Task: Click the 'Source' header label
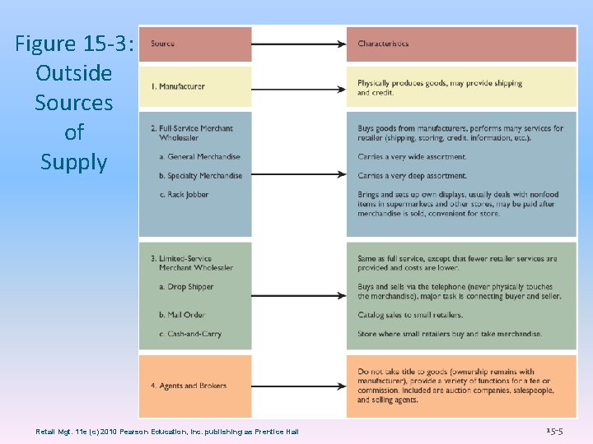163,44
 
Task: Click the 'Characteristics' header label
383,44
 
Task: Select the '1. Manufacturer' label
178,86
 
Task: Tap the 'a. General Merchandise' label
199,156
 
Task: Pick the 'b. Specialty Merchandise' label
201,176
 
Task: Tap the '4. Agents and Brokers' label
189,386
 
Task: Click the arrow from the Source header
298,44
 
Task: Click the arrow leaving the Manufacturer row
298,87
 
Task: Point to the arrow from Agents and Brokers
298,386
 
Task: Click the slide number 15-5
555,431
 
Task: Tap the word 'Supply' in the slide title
74,162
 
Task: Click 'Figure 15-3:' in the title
74,44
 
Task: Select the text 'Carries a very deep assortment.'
412,176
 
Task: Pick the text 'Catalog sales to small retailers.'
410,315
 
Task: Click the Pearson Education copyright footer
167,432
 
